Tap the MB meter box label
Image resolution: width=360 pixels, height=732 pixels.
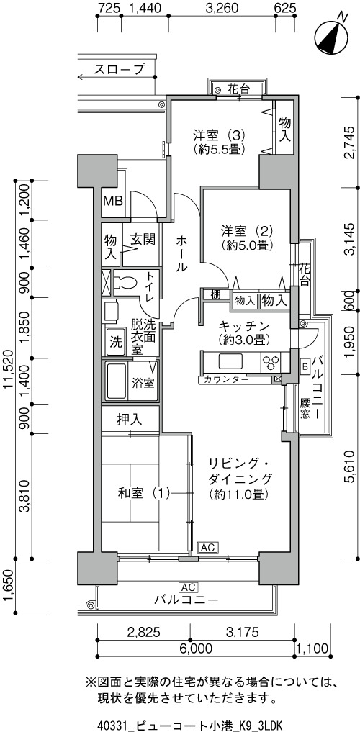[x=113, y=202]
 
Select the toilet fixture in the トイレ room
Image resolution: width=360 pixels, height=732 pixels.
[x=125, y=282]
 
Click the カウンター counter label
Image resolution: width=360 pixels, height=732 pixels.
[x=226, y=379]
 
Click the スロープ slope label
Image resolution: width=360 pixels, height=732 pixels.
[x=119, y=70]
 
